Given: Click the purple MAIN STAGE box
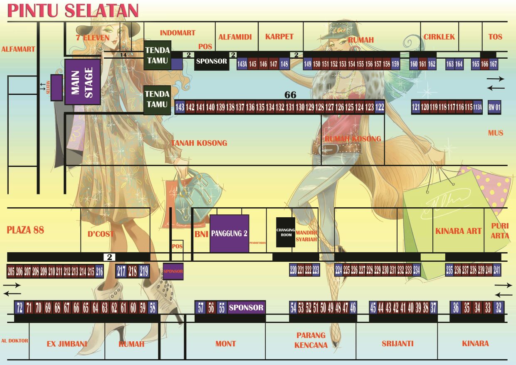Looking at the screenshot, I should point(82,82).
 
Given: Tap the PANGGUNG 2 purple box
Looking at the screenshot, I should point(229,233).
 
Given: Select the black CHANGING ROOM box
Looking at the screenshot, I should point(286,232).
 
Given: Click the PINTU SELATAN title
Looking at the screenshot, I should point(73,11).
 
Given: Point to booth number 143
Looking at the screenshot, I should point(180,107).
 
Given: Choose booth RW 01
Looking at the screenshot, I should point(494,107).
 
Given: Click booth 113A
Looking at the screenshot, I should point(478,107).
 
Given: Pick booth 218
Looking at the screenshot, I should point(132,271).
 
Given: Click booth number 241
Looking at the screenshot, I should point(496,270).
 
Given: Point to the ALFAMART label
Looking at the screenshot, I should point(18,49).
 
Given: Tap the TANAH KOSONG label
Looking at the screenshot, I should point(199,143).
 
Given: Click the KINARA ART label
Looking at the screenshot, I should point(458,231).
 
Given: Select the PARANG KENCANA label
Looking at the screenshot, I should point(311,340).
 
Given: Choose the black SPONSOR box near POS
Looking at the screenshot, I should point(212,62).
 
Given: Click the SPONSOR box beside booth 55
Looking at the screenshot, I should point(246,308).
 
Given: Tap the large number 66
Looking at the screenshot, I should point(290,95).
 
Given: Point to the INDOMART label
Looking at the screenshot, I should point(178,33).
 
